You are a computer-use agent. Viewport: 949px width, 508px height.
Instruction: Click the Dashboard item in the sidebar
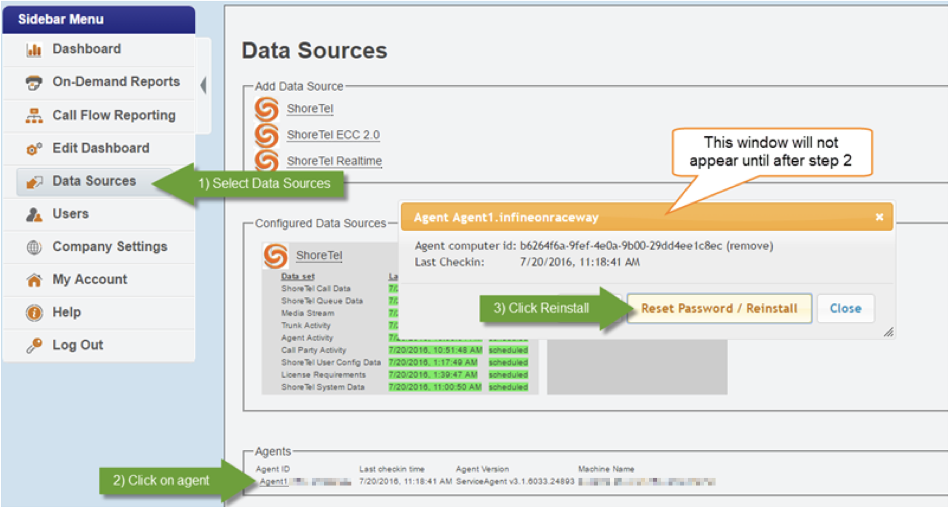click(x=87, y=49)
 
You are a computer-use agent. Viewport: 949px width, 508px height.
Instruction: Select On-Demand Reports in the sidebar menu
click(x=116, y=82)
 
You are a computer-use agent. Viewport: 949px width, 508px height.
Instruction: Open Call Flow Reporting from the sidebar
click(x=114, y=115)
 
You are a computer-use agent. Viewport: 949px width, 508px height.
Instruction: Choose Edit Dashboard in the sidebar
click(x=100, y=148)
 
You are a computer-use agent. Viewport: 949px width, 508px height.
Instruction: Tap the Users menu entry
click(x=70, y=214)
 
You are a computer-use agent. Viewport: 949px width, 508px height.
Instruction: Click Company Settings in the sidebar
click(x=110, y=246)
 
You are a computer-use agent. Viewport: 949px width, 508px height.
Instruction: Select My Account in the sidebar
click(x=90, y=279)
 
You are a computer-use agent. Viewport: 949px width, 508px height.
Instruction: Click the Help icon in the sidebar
click(x=34, y=312)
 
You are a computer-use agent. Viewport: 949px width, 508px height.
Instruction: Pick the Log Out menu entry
click(x=77, y=345)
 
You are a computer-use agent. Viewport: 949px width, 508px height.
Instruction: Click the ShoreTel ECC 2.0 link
click(x=333, y=135)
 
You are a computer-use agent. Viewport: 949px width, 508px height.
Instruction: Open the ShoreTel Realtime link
click(x=334, y=161)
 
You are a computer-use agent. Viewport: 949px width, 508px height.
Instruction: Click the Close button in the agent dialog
click(x=845, y=309)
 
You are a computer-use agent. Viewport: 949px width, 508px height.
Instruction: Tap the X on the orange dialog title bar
click(x=880, y=217)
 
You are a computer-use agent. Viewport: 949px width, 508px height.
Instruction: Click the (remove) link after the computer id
click(x=749, y=245)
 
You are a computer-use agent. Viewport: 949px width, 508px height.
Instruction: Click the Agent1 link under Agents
click(x=273, y=482)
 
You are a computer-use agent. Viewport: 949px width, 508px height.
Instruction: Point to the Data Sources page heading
click(x=314, y=51)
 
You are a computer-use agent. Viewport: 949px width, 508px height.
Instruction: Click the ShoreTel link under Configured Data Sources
click(x=319, y=255)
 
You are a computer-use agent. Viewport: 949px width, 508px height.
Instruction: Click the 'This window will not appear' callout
click(x=771, y=152)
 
